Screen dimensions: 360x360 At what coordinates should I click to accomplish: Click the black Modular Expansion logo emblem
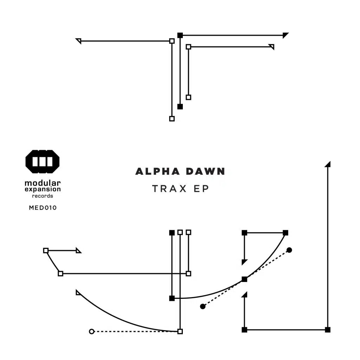[43, 161]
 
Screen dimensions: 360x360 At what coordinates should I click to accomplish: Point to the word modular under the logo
[43, 183]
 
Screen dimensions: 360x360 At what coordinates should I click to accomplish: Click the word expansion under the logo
[43, 189]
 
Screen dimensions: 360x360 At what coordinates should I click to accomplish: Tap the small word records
[43, 196]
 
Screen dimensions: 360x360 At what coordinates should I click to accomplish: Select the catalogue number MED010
[43, 208]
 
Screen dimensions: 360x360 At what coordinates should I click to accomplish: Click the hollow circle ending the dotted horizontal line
[92, 331]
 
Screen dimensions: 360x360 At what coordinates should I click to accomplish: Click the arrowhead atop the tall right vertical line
[328, 164]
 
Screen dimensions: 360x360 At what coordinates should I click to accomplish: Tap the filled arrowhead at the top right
[285, 35]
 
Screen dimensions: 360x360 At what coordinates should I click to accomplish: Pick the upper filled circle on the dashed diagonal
[289, 250]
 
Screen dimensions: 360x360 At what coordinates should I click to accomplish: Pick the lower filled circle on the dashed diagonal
[202, 306]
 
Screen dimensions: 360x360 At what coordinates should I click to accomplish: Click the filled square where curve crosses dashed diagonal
[244, 279]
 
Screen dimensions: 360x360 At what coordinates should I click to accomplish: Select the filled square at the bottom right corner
[328, 329]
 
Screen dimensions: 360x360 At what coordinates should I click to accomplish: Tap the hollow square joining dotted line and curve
[180, 331]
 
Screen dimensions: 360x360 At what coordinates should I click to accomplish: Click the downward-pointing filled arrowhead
[244, 262]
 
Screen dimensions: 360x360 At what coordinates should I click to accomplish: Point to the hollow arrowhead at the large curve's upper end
[78, 292]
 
